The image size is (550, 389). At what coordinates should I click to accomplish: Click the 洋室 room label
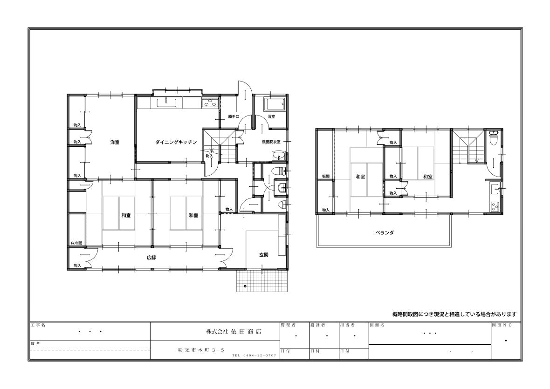click(x=115, y=142)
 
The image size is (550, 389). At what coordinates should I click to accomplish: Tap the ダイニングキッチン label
click(x=176, y=142)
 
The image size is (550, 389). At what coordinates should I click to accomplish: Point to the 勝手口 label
click(x=233, y=116)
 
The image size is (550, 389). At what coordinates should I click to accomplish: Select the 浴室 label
click(x=271, y=116)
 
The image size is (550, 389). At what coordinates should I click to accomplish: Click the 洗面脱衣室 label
click(x=271, y=142)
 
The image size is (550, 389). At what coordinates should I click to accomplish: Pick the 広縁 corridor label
click(x=151, y=258)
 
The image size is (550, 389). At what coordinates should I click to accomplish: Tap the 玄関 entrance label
click(x=264, y=255)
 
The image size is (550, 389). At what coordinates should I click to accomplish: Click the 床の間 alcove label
click(x=76, y=243)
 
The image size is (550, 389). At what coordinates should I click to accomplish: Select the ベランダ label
click(x=385, y=232)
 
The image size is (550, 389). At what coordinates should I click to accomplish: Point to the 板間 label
click(x=326, y=176)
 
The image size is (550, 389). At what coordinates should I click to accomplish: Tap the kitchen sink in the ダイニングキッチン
click(x=166, y=102)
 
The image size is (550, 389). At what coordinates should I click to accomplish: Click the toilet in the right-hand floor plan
click(x=494, y=138)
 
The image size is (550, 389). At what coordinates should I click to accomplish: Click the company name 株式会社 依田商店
click(x=234, y=331)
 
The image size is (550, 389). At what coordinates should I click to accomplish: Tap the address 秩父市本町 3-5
click(x=201, y=350)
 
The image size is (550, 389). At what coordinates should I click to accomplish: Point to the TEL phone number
click(x=254, y=355)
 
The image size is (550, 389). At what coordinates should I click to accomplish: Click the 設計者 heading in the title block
click(x=318, y=325)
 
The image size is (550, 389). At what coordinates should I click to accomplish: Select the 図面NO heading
click(x=502, y=325)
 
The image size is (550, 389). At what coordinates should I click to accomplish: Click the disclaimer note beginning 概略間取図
click(x=454, y=314)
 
